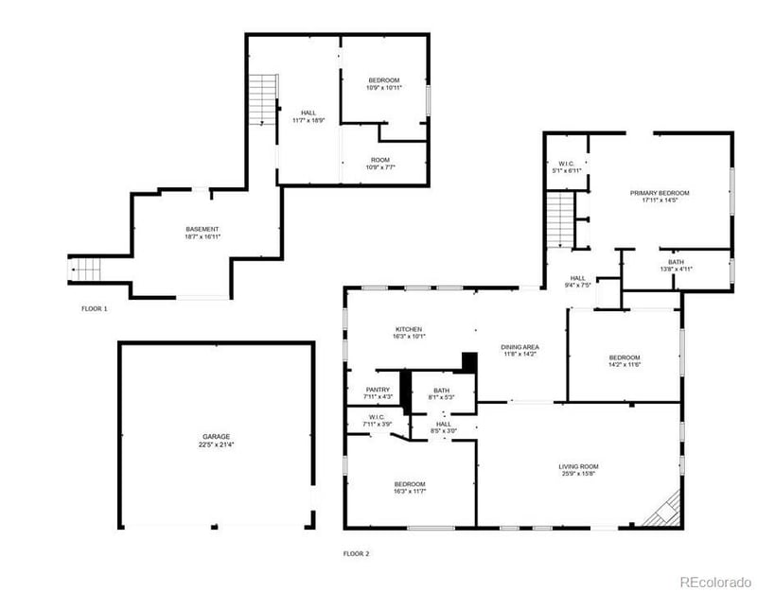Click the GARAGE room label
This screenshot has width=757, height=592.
pyautogui.click(x=215, y=437)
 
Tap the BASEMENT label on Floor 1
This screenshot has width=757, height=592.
pyautogui.click(x=202, y=229)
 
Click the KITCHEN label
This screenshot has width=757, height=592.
pyautogui.click(x=408, y=329)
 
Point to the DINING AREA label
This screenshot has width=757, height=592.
pyautogui.click(x=519, y=347)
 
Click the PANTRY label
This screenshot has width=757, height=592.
pyautogui.click(x=378, y=390)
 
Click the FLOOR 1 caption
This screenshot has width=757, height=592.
pyautogui.click(x=95, y=308)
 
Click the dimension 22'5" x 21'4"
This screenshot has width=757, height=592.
pyautogui.click(x=215, y=444)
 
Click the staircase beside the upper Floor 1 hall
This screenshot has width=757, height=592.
pyautogui.click(x=262, y=99)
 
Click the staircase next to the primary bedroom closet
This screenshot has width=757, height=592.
pyautogui.click(x=561, y=221)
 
